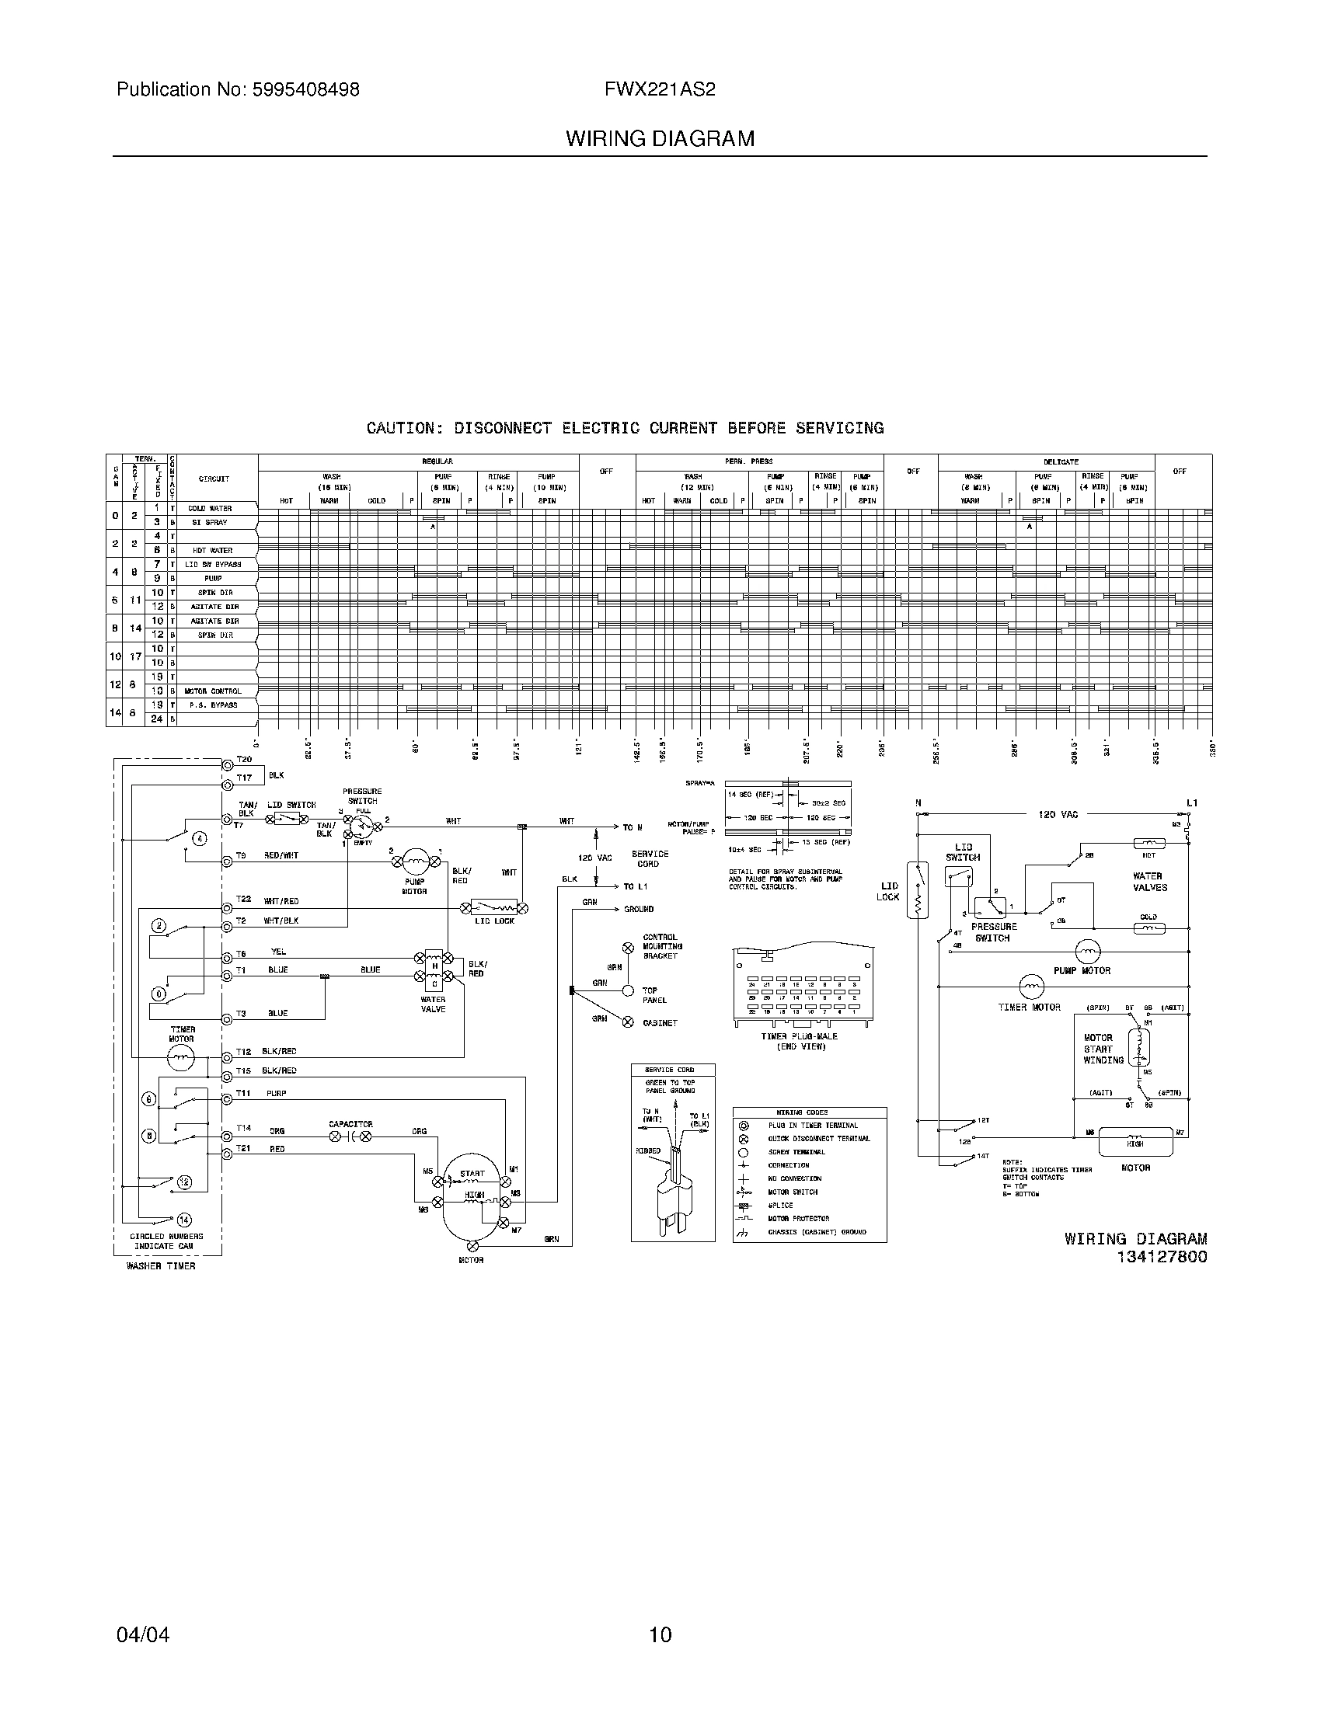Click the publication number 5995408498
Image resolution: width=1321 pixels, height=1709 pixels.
305,90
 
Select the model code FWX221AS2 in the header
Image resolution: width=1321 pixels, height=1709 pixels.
659,90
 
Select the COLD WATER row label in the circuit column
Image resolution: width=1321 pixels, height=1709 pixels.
210,509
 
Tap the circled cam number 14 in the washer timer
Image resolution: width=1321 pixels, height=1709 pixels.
184,1219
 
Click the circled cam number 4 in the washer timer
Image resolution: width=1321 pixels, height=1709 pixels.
200,838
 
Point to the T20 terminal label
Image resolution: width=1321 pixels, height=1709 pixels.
244,760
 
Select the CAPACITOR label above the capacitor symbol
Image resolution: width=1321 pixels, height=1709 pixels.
350,1124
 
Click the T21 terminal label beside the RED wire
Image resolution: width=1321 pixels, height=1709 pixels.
243,1149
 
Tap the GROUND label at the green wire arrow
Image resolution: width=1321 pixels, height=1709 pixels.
639,910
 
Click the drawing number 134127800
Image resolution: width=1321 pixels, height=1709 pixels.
1162,1258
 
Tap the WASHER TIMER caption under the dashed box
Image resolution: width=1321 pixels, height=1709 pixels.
161,1265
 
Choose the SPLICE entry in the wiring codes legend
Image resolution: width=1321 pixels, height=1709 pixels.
780,1205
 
